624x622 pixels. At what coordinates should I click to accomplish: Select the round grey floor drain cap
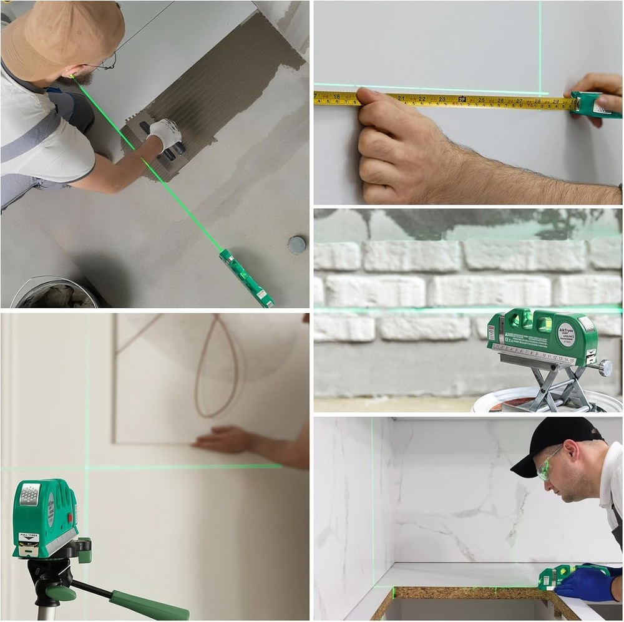(297, 244)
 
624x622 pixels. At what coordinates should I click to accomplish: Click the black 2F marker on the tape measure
(462, 99)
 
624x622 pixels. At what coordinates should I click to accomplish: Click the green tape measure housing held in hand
(593, 105)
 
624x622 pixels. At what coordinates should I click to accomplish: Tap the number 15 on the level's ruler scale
(571, 361)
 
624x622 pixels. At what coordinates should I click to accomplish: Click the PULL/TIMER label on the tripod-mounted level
(29, 536)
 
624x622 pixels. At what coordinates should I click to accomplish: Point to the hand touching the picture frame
(225, 440)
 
